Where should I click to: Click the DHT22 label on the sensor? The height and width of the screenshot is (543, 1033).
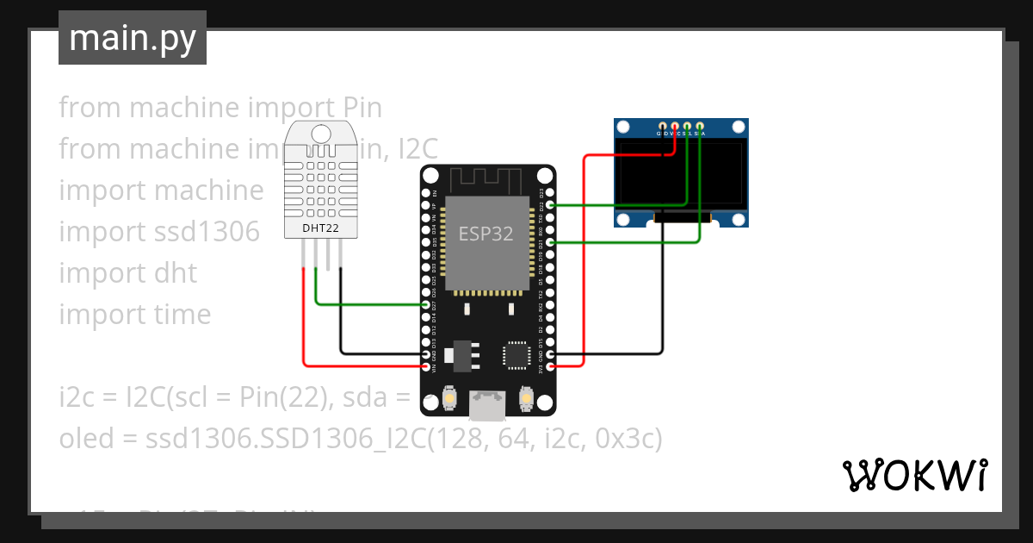(320, 228)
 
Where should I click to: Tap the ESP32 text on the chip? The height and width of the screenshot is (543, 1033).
(486, 234)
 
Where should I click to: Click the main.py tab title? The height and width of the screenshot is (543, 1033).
(133, 38)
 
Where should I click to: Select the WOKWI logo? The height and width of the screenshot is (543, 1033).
(914, 475)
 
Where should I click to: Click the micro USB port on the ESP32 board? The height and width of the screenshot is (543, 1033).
(488, 406)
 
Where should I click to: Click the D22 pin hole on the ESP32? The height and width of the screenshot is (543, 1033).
(551, 206)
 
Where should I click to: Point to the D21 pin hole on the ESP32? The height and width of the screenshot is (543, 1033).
(551, 243)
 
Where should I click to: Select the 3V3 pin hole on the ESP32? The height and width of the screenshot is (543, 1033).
(551, 366)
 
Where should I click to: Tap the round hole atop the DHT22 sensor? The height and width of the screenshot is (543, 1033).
(321, 134)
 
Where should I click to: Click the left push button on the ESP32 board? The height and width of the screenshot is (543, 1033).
(449, 400)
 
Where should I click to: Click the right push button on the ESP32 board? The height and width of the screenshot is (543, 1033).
(526, 400)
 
